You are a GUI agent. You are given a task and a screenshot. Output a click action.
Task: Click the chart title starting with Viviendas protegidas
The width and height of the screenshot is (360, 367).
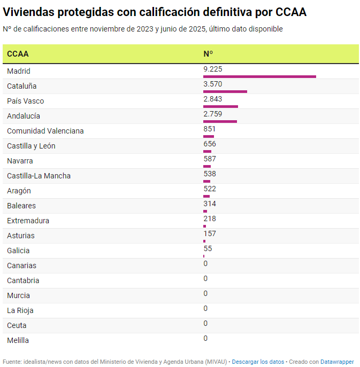tap(155, 12)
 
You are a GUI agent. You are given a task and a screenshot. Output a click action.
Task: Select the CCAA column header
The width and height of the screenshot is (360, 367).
tap(18, 54)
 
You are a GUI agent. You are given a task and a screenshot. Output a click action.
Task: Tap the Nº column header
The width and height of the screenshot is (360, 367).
tap(208, 54)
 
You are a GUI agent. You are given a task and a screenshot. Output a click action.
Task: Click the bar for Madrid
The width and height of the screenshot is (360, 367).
tap(259, 76)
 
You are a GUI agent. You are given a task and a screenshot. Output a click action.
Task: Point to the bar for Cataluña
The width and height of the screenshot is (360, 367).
tap(225, 91)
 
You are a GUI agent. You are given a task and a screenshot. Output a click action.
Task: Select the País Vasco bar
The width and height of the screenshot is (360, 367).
tap(220, 106)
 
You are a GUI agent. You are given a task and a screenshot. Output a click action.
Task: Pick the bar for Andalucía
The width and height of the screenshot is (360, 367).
tap(220, 121)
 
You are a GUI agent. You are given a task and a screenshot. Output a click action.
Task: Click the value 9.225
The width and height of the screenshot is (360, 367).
tap(212, 69)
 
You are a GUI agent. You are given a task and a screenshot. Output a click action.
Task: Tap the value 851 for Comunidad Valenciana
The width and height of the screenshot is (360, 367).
tap(209, 129)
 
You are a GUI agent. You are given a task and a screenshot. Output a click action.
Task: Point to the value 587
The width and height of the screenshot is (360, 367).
tap(209, 159)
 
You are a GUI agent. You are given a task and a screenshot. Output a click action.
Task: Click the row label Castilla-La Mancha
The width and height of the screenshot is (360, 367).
tap(39, 176)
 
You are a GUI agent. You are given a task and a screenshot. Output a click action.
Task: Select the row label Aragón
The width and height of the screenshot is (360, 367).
tap(19, 191)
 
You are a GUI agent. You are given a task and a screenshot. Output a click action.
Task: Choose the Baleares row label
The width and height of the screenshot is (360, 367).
tap(21, 206)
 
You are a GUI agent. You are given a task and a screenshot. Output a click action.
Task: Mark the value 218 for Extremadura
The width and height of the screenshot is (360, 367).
tap(209, 219)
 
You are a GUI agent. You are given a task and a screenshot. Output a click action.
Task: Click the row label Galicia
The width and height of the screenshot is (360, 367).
tap(18, 251)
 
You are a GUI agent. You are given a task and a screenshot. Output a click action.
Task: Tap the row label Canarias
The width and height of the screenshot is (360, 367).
tap(21, 266)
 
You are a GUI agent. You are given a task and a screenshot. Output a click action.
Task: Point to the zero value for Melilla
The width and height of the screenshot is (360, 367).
tap(205, 339)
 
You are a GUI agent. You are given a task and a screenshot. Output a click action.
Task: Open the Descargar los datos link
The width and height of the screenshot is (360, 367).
tap(258, 362)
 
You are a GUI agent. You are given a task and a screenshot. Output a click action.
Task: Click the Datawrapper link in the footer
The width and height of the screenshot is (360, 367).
tap(337, 362)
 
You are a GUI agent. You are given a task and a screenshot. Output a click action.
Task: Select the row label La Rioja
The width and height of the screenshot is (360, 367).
tap(20, 310)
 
